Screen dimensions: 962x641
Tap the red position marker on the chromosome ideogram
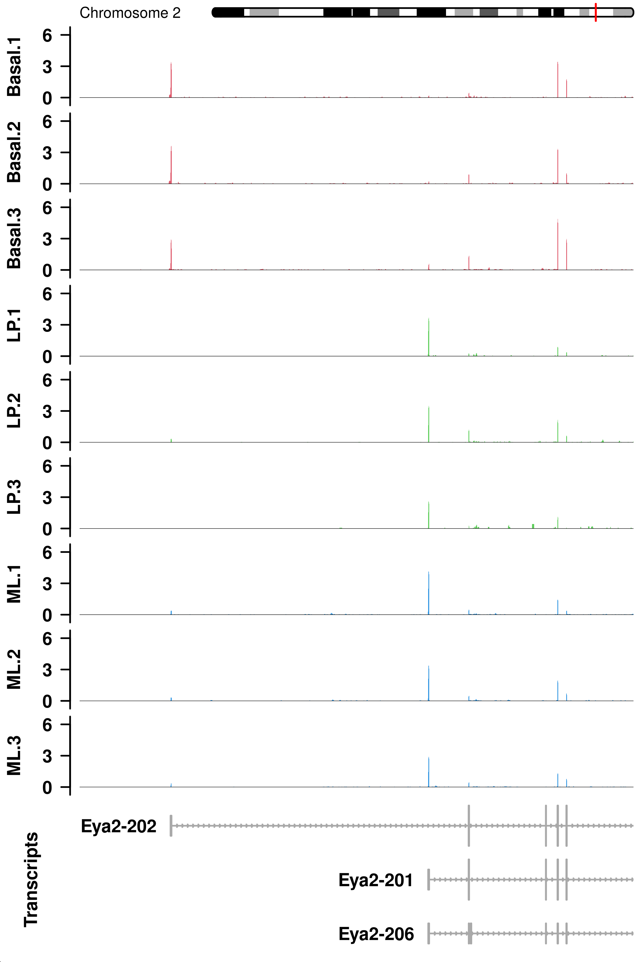point(596,12)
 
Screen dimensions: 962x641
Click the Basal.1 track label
point(14,67)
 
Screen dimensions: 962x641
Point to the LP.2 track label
point(14,411)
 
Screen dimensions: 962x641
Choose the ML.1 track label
point(14,584)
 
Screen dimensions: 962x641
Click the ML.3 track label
point(14,756)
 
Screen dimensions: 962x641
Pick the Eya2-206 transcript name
point(376,934)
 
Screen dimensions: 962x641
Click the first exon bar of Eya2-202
point(171,826)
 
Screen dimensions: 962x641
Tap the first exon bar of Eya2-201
point(428,880)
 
